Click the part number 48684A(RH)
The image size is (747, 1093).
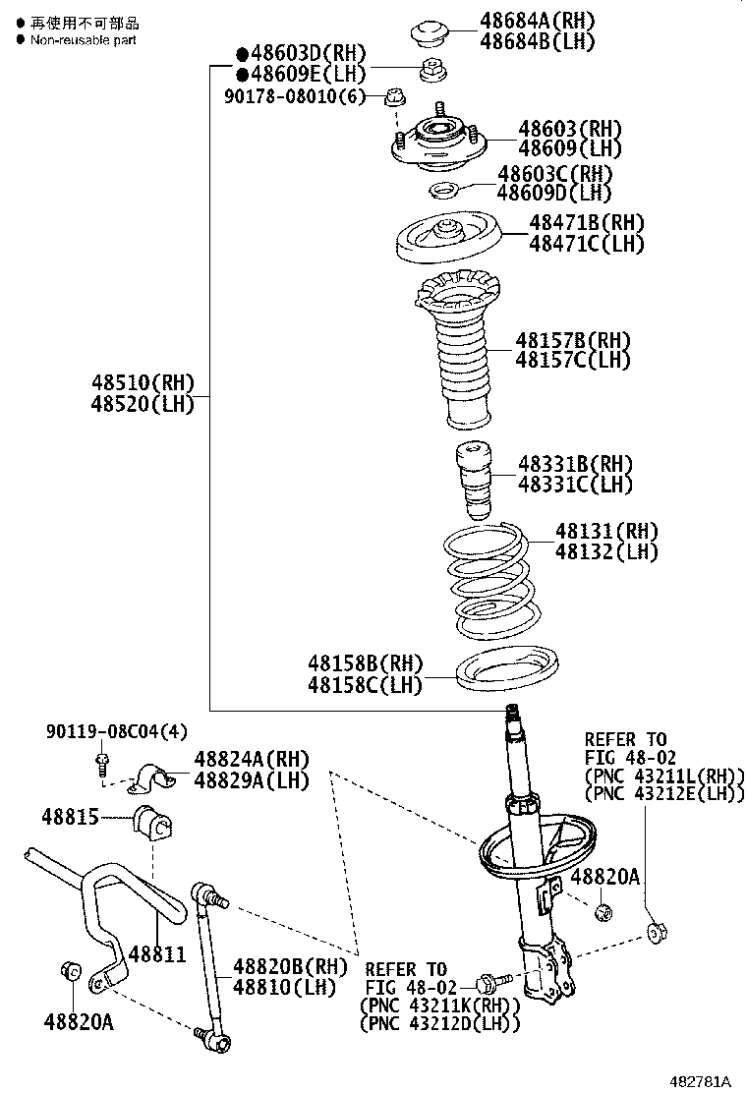tap(537, 20)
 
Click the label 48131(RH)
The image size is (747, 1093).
tap(606, 532)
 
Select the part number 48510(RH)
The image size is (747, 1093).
tap(143, 382)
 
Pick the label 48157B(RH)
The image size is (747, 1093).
tap(573, 340)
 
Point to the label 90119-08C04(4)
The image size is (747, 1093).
tap(116, 731)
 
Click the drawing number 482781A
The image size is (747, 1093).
tap(701, 1081)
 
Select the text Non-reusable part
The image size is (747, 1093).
tap(83, 40)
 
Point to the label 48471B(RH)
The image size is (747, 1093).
tap(587, 222)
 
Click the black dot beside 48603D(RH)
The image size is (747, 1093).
tap(241, 53)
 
